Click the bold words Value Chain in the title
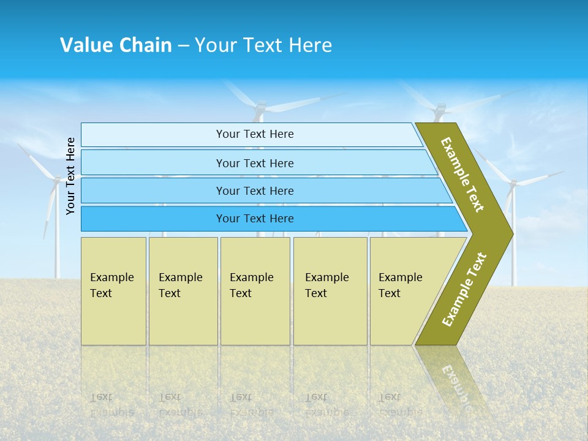point(116,45)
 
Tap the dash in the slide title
point(183,46)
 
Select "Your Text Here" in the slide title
point(263,45)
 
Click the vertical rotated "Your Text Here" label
point(70,176)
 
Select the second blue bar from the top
point(254,163)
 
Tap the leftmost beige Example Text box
point(113,290)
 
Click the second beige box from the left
point(183,290)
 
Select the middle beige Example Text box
point(255,290)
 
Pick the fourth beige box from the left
point(330,290)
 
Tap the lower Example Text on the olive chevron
point(464,289)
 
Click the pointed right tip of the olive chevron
point(510,233)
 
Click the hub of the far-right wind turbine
point(513,183)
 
